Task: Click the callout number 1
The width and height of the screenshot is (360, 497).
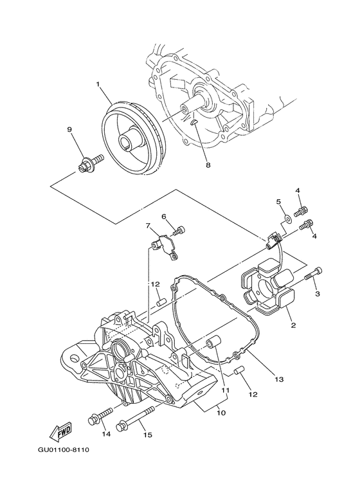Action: tap(98, 84)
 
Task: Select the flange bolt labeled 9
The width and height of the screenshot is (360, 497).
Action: tap(88, 161)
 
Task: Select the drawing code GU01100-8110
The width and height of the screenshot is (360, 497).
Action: tap(63, 449)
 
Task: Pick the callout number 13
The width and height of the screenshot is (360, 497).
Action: tap(280, 380)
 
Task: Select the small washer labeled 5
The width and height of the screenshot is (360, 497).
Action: tap(287, 221)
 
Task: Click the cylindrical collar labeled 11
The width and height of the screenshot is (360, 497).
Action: tap(215, 343)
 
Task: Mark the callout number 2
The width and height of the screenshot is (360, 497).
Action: tap(293, 326)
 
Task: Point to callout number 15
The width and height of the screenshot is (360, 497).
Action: tap(147, 435)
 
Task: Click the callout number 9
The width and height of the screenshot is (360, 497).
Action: tap(69, 129)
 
